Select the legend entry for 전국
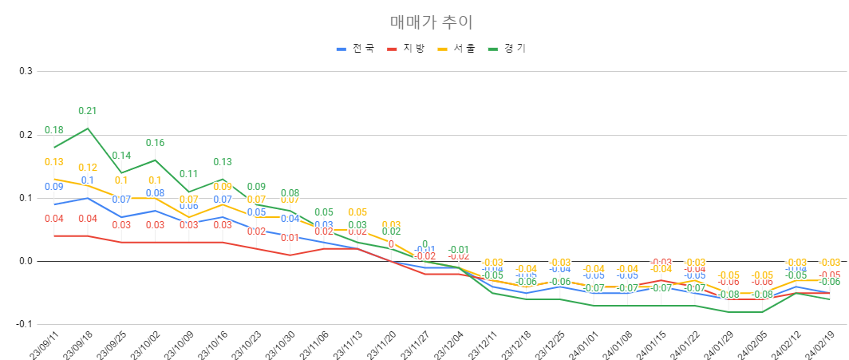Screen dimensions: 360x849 point(356,49)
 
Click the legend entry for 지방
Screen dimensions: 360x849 point(407,49)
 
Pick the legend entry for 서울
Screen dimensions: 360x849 point(457,49)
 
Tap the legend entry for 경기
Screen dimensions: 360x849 point(507,49)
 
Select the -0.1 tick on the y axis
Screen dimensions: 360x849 point(23,324)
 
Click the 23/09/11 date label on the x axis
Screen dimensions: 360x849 point(43,345)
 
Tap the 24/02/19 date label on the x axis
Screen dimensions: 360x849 point(819,345)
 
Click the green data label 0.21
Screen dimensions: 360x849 point(88,111)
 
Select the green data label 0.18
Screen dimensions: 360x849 point(54,130)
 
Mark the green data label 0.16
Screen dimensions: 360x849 point(155,143)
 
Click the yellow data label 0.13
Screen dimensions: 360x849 point(54,162)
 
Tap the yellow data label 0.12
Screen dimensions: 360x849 point(88,168)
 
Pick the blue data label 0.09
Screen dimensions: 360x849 point(54,187)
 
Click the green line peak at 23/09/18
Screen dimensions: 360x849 point(88,128)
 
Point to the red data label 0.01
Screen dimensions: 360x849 point(290,238)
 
